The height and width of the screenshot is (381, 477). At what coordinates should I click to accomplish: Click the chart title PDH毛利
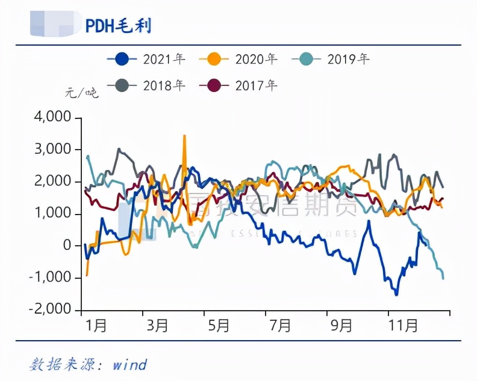118,26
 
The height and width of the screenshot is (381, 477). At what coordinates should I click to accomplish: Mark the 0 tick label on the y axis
67,245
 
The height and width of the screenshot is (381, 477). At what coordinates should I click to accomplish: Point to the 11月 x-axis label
402,326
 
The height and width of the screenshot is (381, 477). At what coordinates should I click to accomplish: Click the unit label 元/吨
81,93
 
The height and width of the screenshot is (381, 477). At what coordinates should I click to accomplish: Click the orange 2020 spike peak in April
184,136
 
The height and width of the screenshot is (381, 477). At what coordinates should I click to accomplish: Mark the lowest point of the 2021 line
396,294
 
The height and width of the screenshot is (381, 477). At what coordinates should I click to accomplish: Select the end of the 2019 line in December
444,278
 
